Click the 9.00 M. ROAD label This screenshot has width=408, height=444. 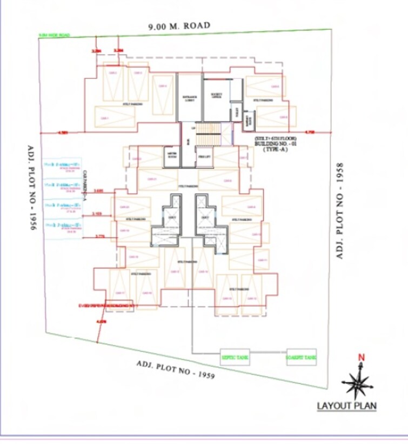pos(179,25)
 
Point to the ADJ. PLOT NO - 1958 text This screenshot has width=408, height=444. pos(340,210)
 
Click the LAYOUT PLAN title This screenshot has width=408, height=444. pos(346,406)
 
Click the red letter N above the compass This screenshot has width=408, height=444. pos(362,357)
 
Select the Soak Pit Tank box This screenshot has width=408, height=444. pos(302,357)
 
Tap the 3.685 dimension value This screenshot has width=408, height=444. pos(98,191)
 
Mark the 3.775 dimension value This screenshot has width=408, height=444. pos(99,236)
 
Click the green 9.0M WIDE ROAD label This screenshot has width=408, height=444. pos(54,36)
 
